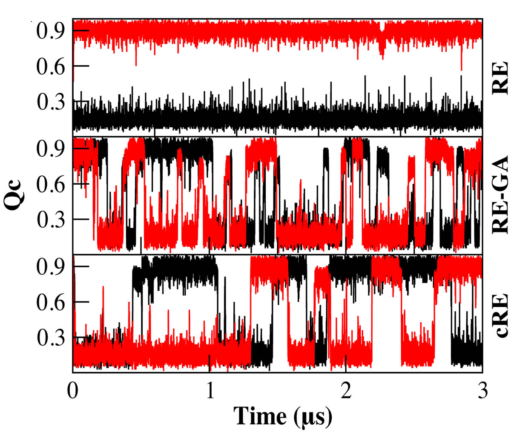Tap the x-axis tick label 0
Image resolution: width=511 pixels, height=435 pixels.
pyautogui.click(x=73, y=390)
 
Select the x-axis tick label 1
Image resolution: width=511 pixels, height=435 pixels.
pyautogui.click(x=210, y=390)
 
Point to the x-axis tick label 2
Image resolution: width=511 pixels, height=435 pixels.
pyautogui.click(x=346, y=390)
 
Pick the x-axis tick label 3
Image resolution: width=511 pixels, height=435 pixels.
pyautogui.click(x=482, y=390)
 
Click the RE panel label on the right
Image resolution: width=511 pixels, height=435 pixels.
pyautogui.click(x=499, y=77)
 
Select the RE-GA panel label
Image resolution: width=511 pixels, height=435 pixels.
pyautogui.click(x=499, y=195)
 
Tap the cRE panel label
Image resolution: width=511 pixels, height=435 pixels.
pyautogui.click(x=499, y=314)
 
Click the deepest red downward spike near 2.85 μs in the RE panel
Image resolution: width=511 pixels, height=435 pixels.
pyautogui.click(x=461, y=68)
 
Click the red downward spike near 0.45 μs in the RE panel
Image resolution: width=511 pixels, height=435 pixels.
pyautogui.click(x=136, y=64)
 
